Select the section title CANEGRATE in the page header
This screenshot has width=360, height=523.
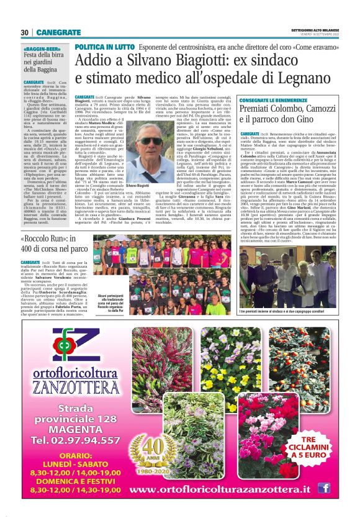point(56,32)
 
